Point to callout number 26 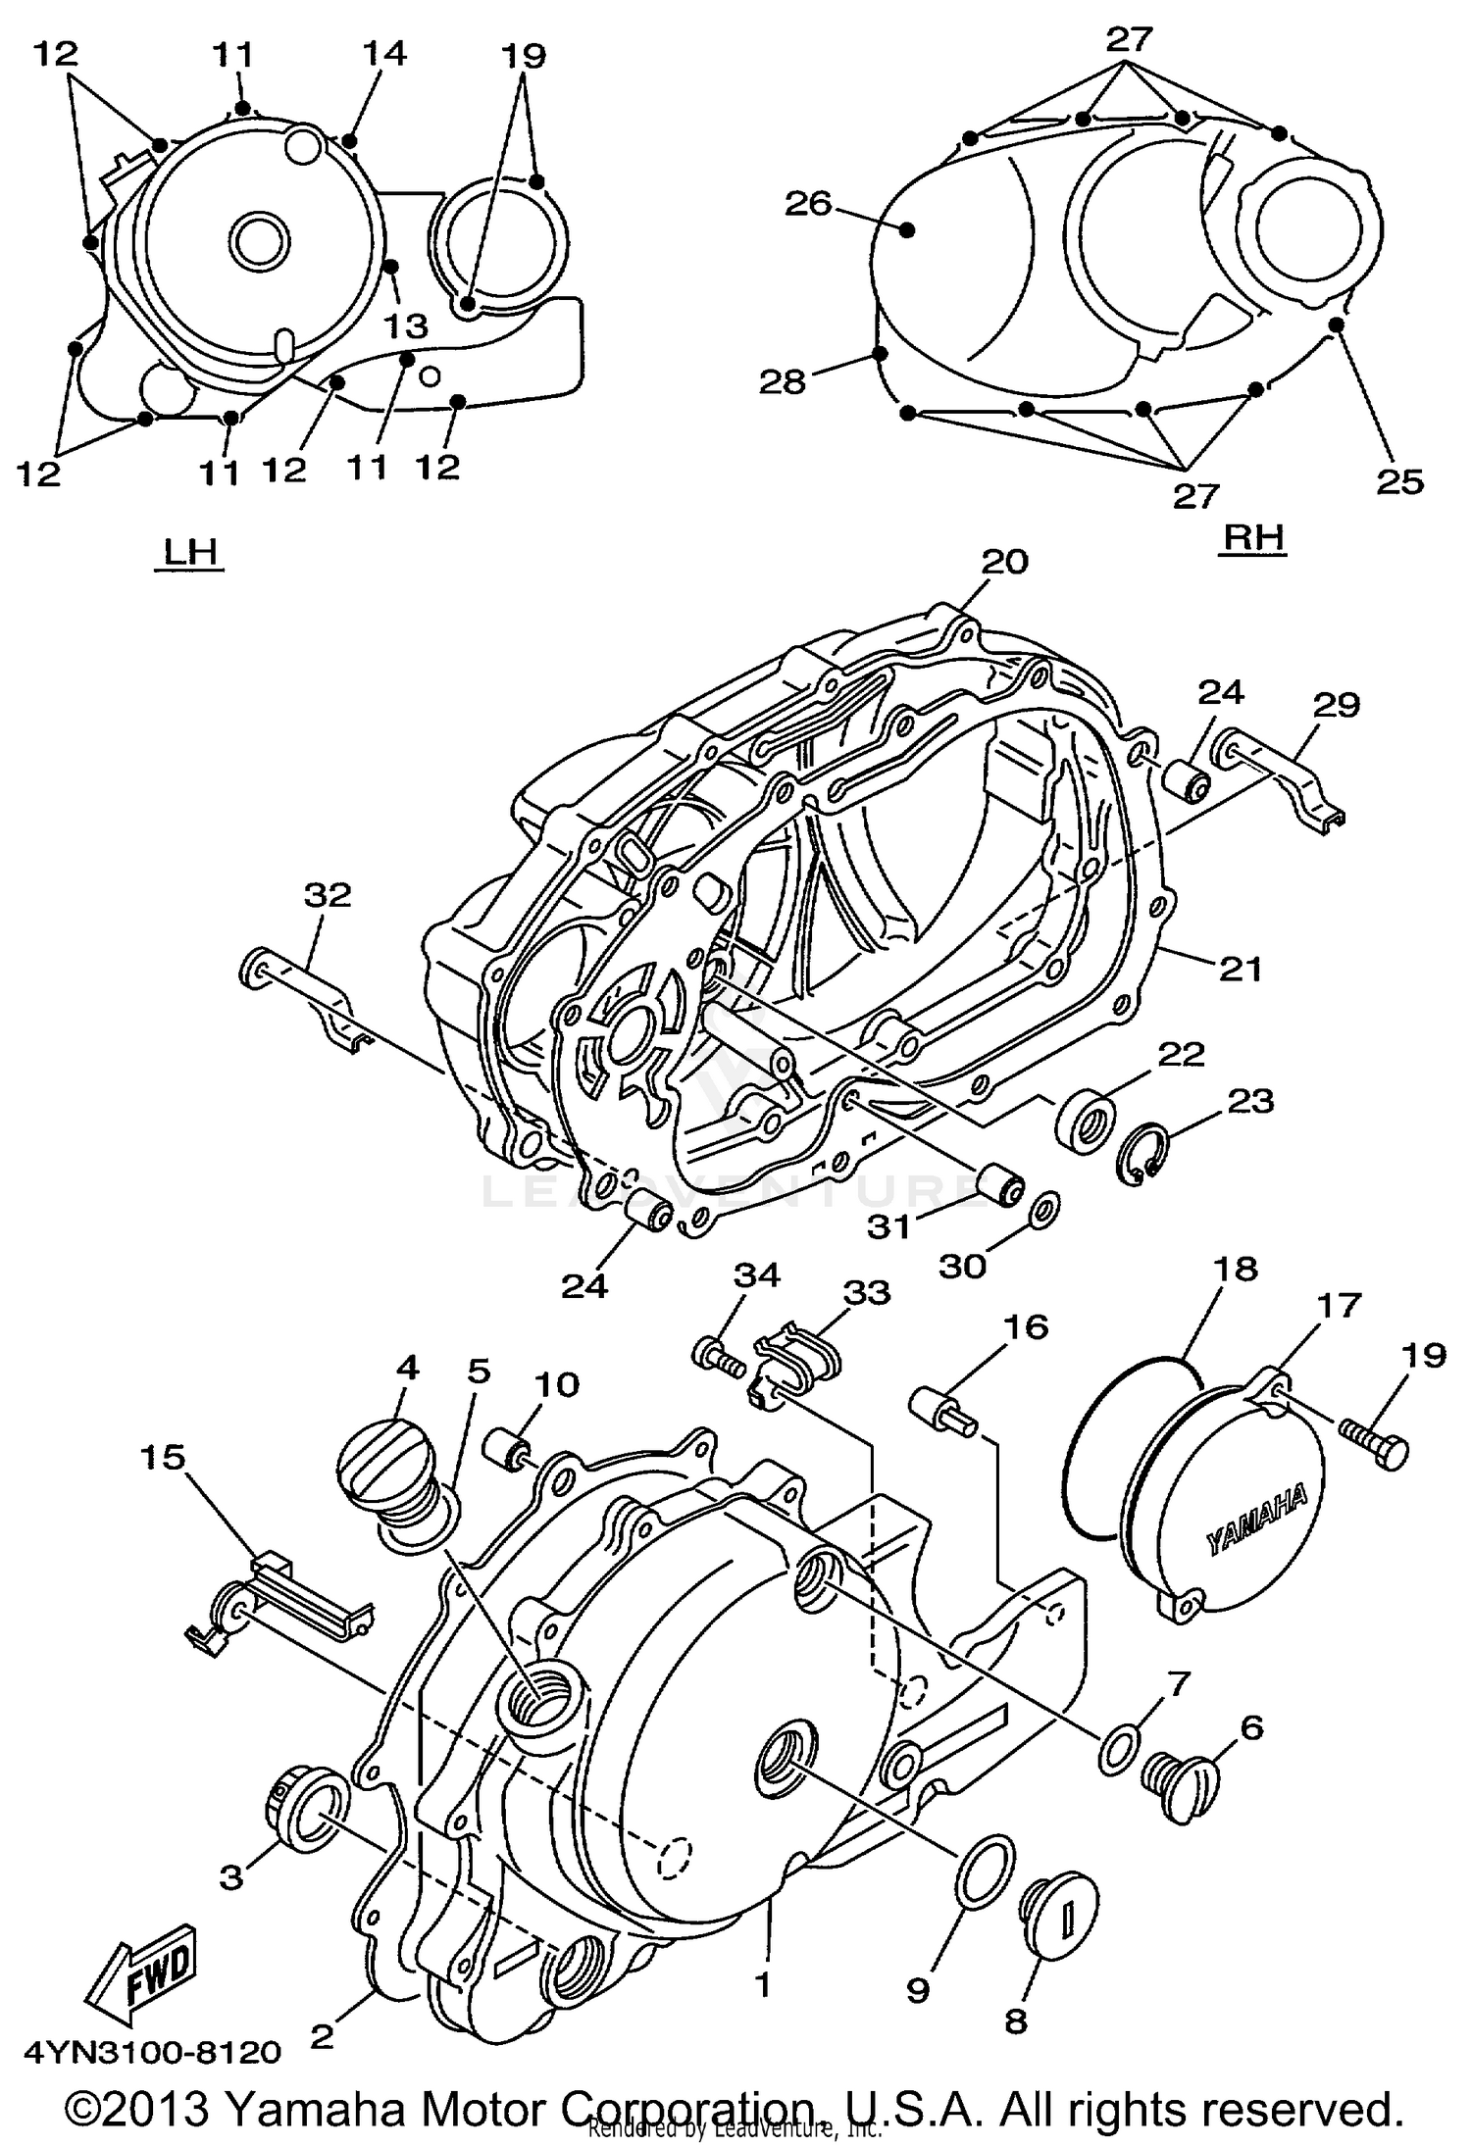pyautogui.click(x=807, y=204)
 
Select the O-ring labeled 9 pyautogui.click(x=985, y=1870)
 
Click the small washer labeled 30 pyautogui.click(x=1044, y=1212)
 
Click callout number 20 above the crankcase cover pyautogui.click(x=1003, y=562)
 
